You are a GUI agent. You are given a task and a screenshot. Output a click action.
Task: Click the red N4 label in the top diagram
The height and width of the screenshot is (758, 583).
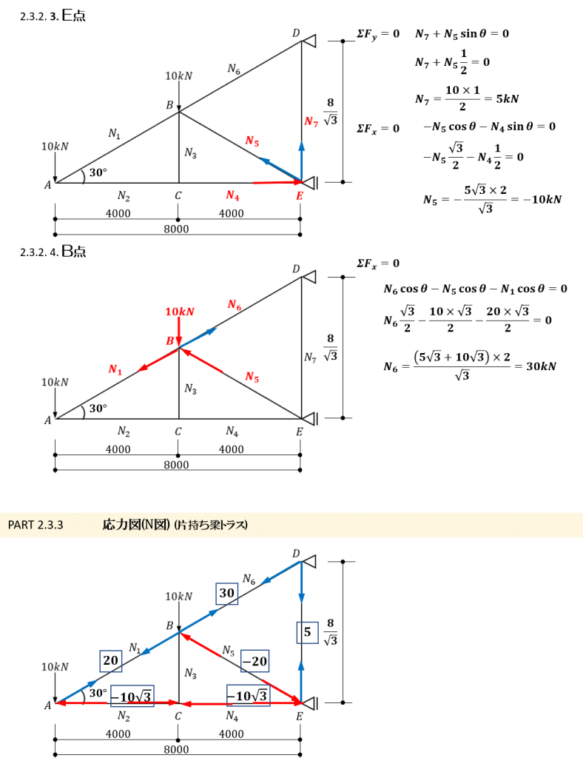pyautogui.click(x=232, y=195)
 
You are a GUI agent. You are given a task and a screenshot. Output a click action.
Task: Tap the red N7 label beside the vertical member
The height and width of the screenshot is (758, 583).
pyautogui.click(x=311, y=122)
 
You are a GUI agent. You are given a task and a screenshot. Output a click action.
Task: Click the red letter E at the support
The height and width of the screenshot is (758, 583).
pyautogui.click(x=300, y=195)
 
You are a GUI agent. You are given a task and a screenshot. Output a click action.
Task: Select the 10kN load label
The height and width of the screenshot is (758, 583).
pyautogui.click(x=179, y=312)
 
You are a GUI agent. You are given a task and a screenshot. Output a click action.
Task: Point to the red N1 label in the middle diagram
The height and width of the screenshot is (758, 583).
pyautogui.click(x=115, y=369)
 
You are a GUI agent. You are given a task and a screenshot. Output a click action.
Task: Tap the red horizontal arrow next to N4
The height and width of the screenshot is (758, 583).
pyautogui.click(x=273, y=181)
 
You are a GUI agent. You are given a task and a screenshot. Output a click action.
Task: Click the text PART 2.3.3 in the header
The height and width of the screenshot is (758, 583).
pyautogui.click(x=36, y=525)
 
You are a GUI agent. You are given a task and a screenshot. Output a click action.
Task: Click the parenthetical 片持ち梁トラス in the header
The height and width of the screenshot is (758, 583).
pyautogui.click(x=211, y=525)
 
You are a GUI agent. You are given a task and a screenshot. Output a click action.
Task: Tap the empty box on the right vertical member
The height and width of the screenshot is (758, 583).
pyautogui.click(x=307, y=632)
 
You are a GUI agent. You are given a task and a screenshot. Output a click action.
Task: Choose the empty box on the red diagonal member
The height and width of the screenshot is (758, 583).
pyautogui.click(x=255, y=660)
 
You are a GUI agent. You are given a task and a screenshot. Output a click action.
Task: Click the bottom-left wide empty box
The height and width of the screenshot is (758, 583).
pyautogui.click(x=132, y=696)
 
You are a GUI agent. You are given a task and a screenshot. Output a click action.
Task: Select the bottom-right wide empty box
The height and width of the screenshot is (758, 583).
pyautogui.click(x=248, y=696)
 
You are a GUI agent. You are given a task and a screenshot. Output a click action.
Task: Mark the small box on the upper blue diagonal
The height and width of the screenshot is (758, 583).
pyautogui.click(x=226, y=594)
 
